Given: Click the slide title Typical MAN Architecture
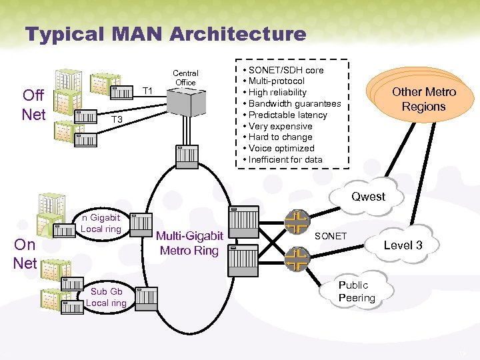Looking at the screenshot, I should (165, 34).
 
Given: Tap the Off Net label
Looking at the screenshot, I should (34, 105).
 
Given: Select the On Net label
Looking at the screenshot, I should (25, 253).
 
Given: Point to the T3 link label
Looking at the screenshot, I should (117, 119).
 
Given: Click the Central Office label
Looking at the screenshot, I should (185, 77).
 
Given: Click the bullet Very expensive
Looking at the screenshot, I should (280, 126).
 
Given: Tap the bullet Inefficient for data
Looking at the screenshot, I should (285, 159).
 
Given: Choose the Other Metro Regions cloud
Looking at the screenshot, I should (424, 99).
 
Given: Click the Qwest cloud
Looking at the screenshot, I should (369, 196).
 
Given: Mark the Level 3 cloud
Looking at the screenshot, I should (403, 245).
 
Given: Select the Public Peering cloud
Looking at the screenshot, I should (357, 291).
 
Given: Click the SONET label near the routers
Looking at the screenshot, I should (330, 237).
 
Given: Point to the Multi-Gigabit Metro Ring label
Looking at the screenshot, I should (189, 243).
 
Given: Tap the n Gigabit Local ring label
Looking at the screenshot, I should (101, 223).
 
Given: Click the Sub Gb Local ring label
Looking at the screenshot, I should (107, 297).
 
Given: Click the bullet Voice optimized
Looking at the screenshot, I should (282, 148).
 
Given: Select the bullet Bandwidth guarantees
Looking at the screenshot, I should (294, 103).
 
